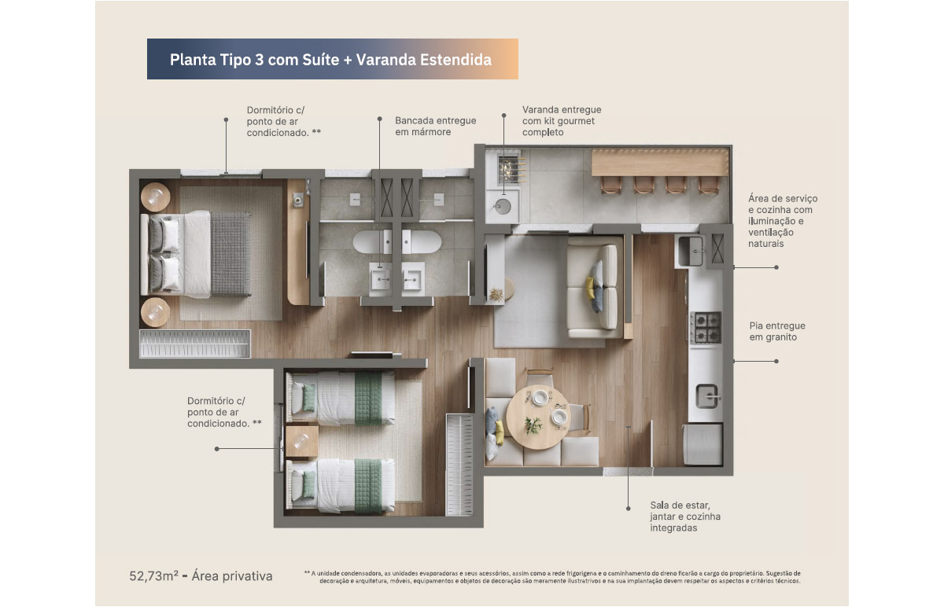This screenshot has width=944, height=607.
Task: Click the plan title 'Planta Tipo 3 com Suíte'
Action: pos(254,60)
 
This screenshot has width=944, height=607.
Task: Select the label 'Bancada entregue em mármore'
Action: pos(435,126)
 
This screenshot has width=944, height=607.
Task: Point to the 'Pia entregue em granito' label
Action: pos(777,331)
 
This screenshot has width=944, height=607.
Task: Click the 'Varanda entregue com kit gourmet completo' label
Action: pos(562,121)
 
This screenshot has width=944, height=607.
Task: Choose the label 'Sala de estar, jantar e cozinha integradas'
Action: pos(685,516)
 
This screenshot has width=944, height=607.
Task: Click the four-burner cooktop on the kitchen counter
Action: pos(706,327)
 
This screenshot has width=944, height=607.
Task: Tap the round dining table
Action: pos(538,417)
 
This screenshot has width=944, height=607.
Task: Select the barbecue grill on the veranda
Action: pos(510,170)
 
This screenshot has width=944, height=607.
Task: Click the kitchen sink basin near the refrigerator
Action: pos(706,396)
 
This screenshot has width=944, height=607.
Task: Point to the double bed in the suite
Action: pos(196,254)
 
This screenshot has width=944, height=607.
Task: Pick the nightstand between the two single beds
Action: pos(302,441)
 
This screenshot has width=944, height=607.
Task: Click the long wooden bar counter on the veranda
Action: pos(660,163)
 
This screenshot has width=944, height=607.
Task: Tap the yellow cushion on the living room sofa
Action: pos(591,288)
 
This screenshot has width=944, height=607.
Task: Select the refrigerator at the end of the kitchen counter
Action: pos(702,444)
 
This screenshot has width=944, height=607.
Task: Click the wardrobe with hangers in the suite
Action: pos(195,344)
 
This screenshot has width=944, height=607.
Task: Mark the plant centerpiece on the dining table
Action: pos(533,425)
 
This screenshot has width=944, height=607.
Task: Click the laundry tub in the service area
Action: pos(691,251)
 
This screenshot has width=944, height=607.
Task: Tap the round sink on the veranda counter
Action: pos(503,207)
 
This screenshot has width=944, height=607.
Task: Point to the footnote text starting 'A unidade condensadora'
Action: pos(552,577)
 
